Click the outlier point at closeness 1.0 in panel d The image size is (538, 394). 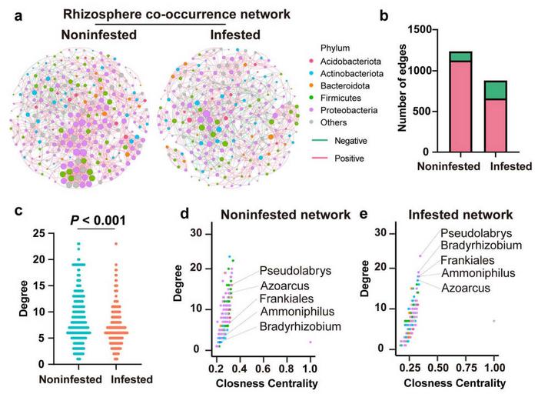point(311,342)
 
